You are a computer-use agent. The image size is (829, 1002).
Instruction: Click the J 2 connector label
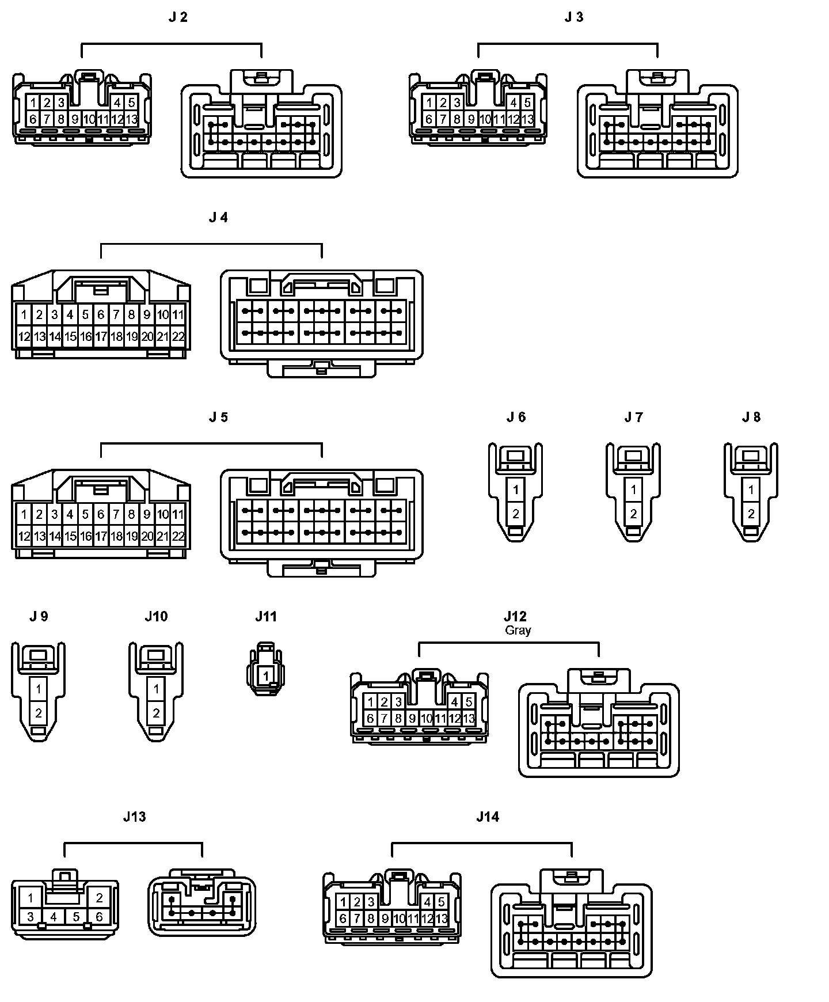[178, 17]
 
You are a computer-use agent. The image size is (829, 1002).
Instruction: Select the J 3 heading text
[573, 17]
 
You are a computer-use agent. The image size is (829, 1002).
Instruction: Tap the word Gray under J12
[518, 631]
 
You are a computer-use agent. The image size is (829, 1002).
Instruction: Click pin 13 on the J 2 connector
[131, 119]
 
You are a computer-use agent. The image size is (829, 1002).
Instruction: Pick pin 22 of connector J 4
[178, 337]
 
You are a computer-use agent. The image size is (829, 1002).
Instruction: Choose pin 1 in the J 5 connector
[24, 514]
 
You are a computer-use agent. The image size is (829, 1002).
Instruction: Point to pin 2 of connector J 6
[516, 514]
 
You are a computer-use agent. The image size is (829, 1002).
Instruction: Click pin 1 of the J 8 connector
[751, 490]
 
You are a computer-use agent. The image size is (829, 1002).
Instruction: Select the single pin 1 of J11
[266, 675]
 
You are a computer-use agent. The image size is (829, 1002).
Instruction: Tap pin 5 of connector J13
[76, 916]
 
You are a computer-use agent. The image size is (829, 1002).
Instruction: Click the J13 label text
[134, 817]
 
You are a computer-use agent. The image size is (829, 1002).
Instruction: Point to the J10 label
[156, 617]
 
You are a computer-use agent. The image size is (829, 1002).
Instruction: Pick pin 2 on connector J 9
[39, 713]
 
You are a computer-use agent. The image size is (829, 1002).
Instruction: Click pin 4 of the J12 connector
[455, 702]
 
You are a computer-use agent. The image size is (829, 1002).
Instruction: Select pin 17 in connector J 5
[101, 537]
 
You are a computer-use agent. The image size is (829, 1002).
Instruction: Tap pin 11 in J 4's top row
[178, 314]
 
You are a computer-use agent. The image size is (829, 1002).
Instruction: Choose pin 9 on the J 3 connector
[471, 119]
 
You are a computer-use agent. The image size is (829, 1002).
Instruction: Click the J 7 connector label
[633, 417]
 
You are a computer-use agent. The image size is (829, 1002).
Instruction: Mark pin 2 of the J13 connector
[99, 897]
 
